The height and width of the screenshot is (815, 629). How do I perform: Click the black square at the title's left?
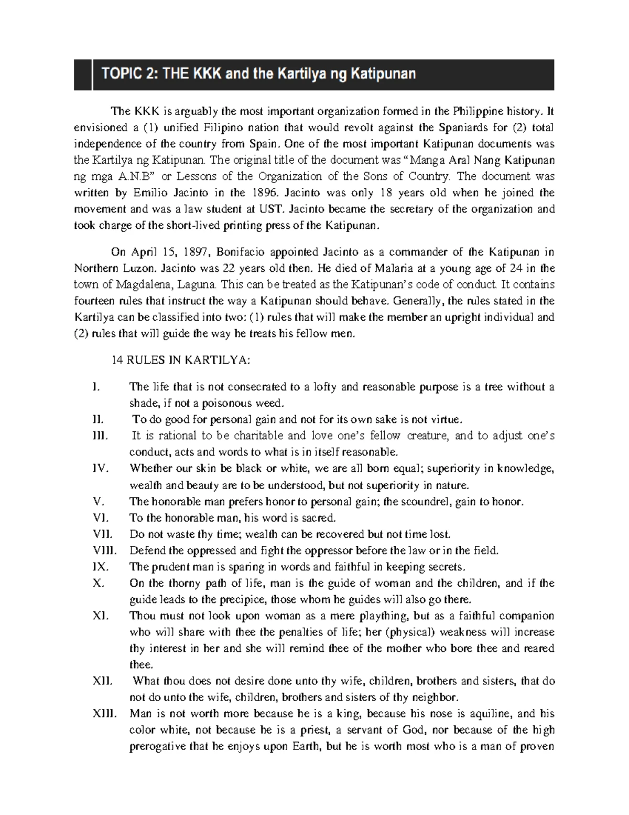click(81, 75)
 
